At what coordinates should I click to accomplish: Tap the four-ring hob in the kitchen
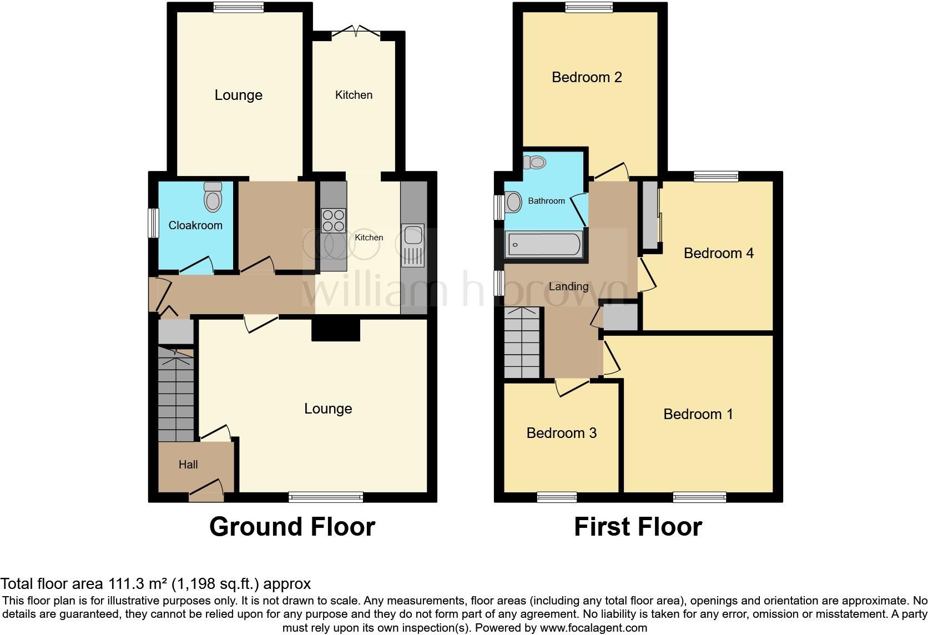point(333,220)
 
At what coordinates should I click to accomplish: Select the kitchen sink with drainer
point(412,246)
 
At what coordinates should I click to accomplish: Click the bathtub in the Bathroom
point(543,245)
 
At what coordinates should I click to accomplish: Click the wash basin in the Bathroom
point(513,202)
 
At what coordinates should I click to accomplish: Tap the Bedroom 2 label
point(587,77)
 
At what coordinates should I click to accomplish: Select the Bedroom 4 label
point(718,253)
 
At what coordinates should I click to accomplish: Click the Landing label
point(568,286)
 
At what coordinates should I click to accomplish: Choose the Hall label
point(188,465)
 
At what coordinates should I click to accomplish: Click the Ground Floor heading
point(292,527)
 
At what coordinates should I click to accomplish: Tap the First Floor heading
point(638,527)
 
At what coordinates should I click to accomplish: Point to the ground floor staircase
point(176,394)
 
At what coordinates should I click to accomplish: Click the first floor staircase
point(522,343)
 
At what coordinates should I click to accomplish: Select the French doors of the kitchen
point(356,32)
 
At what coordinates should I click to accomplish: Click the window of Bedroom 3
point(557,497)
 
